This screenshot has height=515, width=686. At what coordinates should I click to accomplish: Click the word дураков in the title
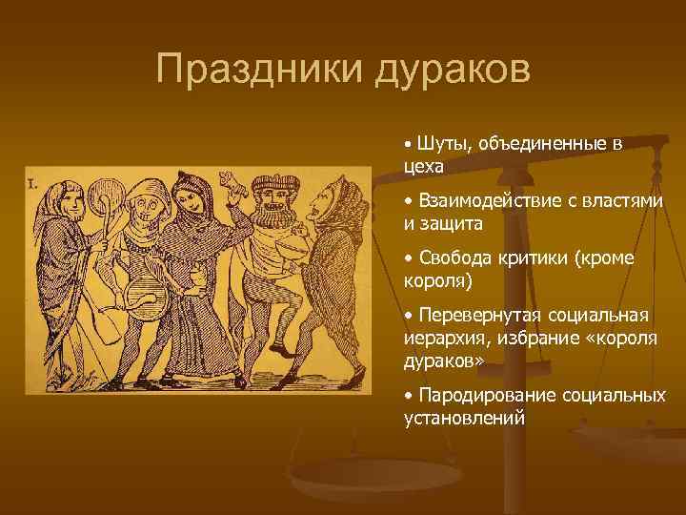click(447, 70)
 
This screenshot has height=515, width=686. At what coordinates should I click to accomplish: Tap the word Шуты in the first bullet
click(438, 143)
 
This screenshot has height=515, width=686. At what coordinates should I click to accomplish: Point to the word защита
click(452, 224)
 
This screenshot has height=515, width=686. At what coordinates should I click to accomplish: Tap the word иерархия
click(443, 338)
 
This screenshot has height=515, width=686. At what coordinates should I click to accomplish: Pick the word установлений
click(464, 417)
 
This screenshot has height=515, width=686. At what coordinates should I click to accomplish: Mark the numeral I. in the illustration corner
click(33, 184)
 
